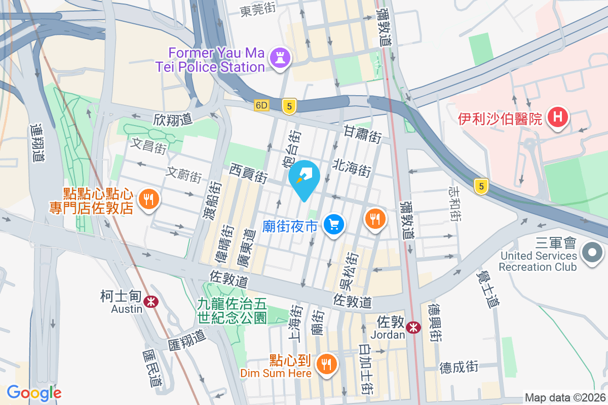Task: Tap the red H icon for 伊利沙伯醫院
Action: (558, 118)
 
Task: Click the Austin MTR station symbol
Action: (150, 302)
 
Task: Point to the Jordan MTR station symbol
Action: (413, 327)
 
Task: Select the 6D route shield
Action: (261, 105)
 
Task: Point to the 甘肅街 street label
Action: (362, 135)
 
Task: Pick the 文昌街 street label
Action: (148, 146)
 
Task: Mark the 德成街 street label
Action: (459, 366)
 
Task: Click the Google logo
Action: (34, 393)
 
